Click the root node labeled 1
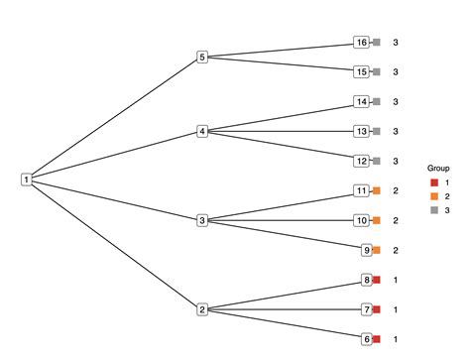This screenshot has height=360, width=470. point(26,180)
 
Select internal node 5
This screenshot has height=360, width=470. point(202,58)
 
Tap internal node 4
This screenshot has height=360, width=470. point(202,131)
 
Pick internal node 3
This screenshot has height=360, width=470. point(202,220)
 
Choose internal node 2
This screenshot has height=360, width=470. point(202,309)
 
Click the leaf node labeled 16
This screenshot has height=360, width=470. point(361,43)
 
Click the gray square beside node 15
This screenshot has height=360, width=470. point(376,72)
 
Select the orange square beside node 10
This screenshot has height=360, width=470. point(376,220)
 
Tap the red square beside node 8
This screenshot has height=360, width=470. point(376,280)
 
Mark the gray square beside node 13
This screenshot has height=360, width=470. point(376,131)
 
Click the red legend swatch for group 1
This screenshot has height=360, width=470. point(433,183)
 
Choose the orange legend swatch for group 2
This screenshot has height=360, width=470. point(433,196)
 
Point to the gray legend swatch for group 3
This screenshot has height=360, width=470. point(433,210)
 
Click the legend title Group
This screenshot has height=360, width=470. point(438,169)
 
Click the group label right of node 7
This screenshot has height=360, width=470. point(396,309)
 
